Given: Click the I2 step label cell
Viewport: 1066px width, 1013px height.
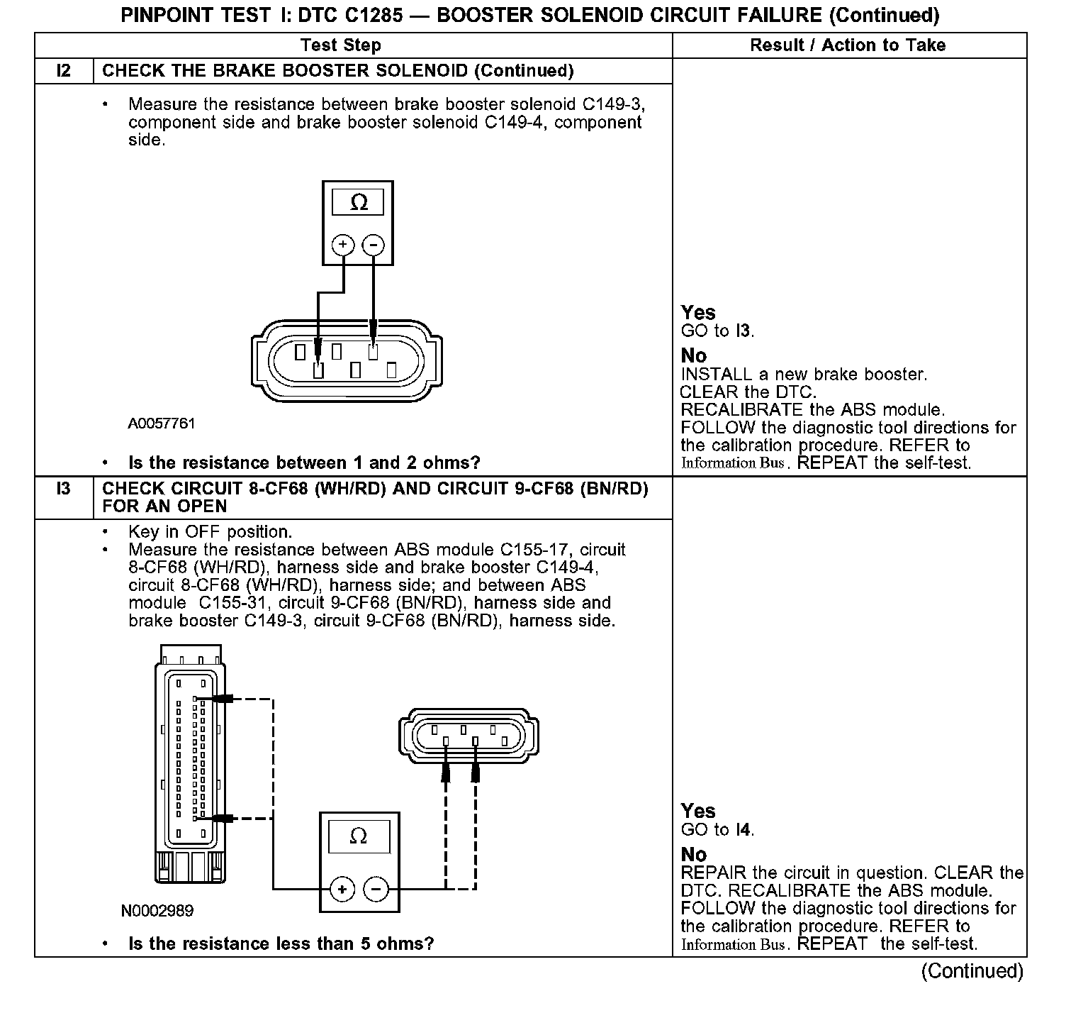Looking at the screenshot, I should tap(64, 71).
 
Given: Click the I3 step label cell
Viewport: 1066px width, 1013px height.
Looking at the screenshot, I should tap(64, 489).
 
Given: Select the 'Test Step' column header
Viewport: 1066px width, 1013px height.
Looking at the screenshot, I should tap(340, 45).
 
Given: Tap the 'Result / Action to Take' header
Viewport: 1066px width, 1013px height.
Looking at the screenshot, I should tap(848, 45).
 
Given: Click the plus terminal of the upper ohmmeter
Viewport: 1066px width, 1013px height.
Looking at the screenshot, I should tap(343, 245).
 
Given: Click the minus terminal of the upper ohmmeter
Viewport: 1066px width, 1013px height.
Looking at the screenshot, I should tap(373, 245).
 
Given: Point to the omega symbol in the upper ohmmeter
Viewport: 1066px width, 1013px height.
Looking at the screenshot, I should tap(359, 203).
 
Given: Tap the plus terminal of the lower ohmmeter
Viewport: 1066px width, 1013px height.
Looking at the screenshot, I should tap(342, 889).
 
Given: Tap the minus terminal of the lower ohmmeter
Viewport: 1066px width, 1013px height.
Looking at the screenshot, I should tap(376, 889).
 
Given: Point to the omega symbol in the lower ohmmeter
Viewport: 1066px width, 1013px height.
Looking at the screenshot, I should tap(359, 836).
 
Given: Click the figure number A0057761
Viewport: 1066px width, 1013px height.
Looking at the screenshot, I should tap(162, 424).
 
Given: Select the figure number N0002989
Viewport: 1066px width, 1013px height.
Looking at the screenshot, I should tap(157, 910).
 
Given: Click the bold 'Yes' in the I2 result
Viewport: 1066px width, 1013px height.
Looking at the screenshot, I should tap(698, 312).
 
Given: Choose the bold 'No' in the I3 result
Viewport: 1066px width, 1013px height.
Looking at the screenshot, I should tap(694, 854).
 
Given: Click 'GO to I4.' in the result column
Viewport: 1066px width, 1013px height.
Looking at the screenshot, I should tap(717, 829).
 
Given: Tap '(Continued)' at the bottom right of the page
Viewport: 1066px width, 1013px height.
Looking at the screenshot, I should tap(972, 970).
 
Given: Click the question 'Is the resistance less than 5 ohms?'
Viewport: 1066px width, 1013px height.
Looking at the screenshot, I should tap(281, 943).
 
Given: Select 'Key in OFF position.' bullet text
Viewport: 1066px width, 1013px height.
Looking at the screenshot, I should tap(210, 532).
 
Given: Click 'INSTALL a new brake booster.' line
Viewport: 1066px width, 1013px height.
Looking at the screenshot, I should tap(804, 374).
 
